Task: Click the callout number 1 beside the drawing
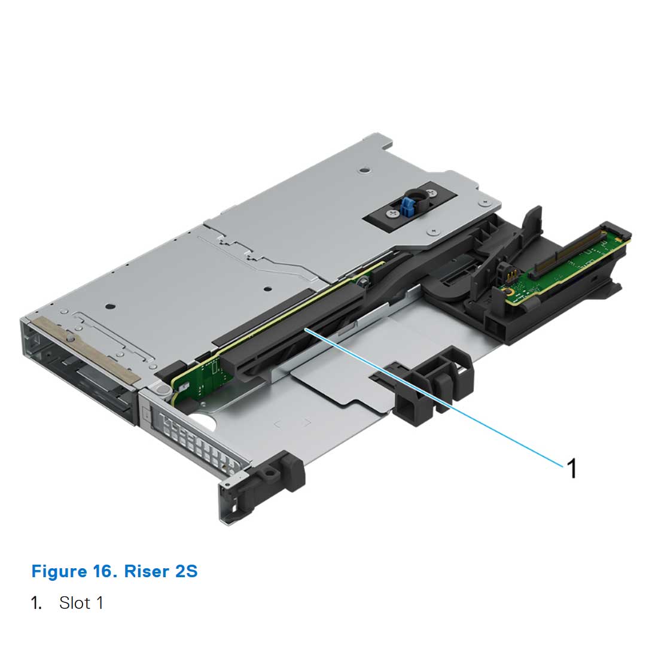coord(572,468)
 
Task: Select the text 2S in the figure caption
coord(186,571)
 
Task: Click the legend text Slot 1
coord(81,602)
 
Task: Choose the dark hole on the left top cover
coord(109,306)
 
